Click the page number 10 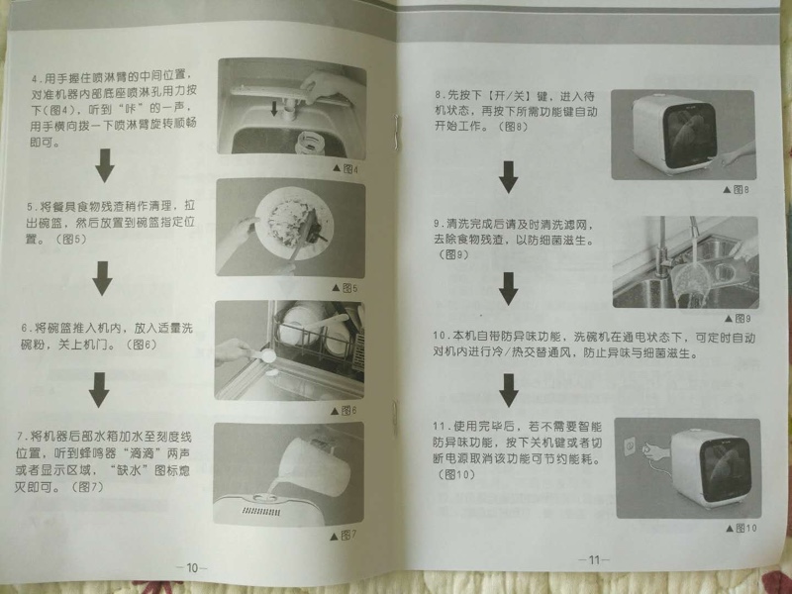pyautogui.click(x=192, y=567)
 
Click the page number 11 pyautogui.click(x=594, y=559)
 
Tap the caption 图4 pyautogui.click(x=346, y=168)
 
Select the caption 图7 pyautogui.click(x=344, y=535)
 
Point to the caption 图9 pyautogui.click(x=738, y=318)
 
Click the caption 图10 pyautogui.click(x=742, y=528)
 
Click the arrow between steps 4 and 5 pyautogui.click(x=105, y=165)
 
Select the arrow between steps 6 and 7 pyautogui.click(x=100, y=389)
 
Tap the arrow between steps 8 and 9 pyautogui.click(x=508, y=177)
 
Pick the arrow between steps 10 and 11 pyautogui.click(x=509, y=390)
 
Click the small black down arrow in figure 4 pyautogui.click(x=274, y=109)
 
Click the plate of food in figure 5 pyautogui.click(x=293, y=224)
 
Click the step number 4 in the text pyautogui.click(x=35, y=79)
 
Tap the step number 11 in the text pyautogui.click(x=442, y=427)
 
